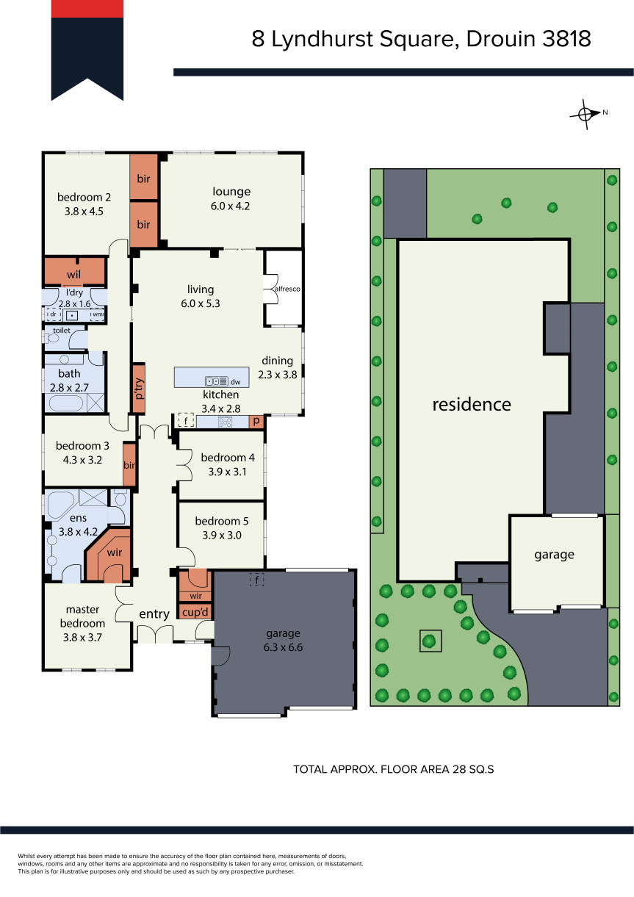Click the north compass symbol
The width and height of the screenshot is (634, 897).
(x=585, y=115)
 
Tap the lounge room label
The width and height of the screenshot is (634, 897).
(x=231, y=192)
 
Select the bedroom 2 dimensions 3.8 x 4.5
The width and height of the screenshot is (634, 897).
(x=84, y=211)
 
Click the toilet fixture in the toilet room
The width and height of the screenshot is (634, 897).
(x=52, y=339)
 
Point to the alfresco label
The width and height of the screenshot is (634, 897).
(x=287, y=289)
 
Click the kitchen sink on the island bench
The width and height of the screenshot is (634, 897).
(x=217, y=381)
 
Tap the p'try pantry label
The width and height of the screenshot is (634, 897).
(x=139, y=389)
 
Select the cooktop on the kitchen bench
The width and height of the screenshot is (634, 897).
(x=225, y=422)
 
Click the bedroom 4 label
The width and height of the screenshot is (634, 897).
(x=228, y=457)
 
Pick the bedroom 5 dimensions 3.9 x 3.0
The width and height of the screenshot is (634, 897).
(x=222, y=535)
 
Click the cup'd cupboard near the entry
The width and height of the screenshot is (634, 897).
(x=195, y=612)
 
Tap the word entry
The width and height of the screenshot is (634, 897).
(x=154, y=614)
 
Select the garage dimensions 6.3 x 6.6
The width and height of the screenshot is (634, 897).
(x=283, y=647)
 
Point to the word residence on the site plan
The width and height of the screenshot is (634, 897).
(x=472, y=405)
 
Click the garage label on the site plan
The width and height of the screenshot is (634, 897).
(x=555, y=555)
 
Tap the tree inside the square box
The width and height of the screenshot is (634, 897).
(x=429, y=641)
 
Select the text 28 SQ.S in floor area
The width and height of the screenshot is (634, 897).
(x=473, y=769)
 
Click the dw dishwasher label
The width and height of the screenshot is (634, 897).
(x=236, y=382)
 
